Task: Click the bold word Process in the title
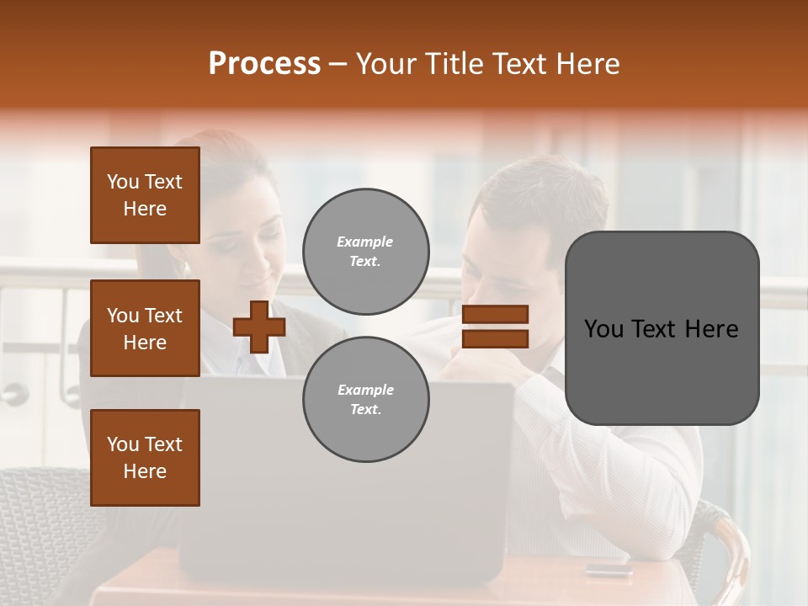(x=264, y=64)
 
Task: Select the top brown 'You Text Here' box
(x=145, y=195)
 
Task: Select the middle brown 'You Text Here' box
(x=145, y=328)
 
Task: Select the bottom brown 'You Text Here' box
(x=145, y=458)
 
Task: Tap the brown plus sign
(x=259, y=327)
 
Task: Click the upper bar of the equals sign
(x=496, y=314)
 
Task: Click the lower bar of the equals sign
(x=496, y=338)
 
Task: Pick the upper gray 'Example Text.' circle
(x=365, y=252)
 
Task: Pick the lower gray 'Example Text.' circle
(x=365, y=400)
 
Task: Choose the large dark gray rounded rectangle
(x=662, y=328)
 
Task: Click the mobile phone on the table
(x=609, y=569)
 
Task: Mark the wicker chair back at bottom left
(x=42, y=522)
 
